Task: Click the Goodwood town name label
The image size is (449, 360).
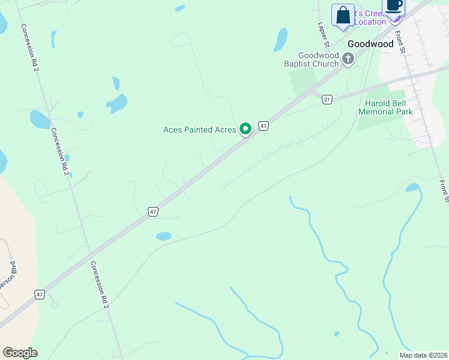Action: point(371,44)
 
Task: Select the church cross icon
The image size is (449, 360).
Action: point(348,58)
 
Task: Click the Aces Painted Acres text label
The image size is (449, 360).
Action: point(200,130)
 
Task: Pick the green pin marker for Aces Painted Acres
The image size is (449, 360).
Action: point(246,128)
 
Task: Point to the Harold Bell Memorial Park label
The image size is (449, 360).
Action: point(385,107)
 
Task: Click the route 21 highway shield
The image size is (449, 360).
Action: point(327,99)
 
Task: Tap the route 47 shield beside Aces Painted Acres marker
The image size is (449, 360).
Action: point(264,125)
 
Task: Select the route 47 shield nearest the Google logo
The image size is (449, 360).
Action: point(39,295)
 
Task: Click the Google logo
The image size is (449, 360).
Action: point(20,353)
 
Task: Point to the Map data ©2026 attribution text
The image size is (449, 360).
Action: point(423,355)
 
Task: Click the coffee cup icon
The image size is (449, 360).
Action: point(394,6)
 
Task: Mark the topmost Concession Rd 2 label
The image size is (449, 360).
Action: point(30,48)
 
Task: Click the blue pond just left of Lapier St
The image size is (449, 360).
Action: point(280,40)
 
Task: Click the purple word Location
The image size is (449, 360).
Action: point(370,22)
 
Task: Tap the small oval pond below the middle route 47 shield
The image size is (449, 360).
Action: point(163,236)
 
